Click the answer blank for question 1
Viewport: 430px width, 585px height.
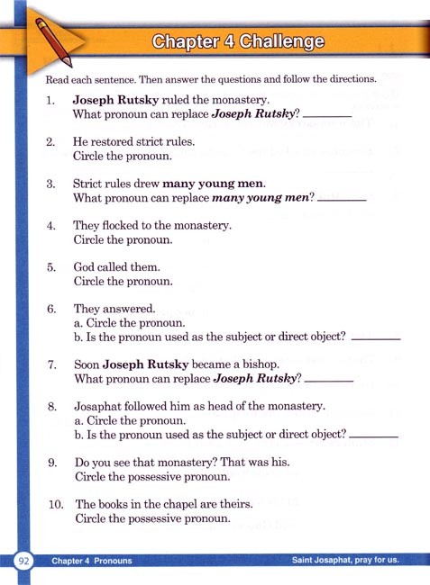[323, 115]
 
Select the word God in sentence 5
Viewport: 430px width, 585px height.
[85, 266]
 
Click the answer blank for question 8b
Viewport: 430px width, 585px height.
[373, 436]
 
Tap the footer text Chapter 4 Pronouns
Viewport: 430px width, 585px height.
[92, 561]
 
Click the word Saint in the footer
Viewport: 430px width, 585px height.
[308, 561]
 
